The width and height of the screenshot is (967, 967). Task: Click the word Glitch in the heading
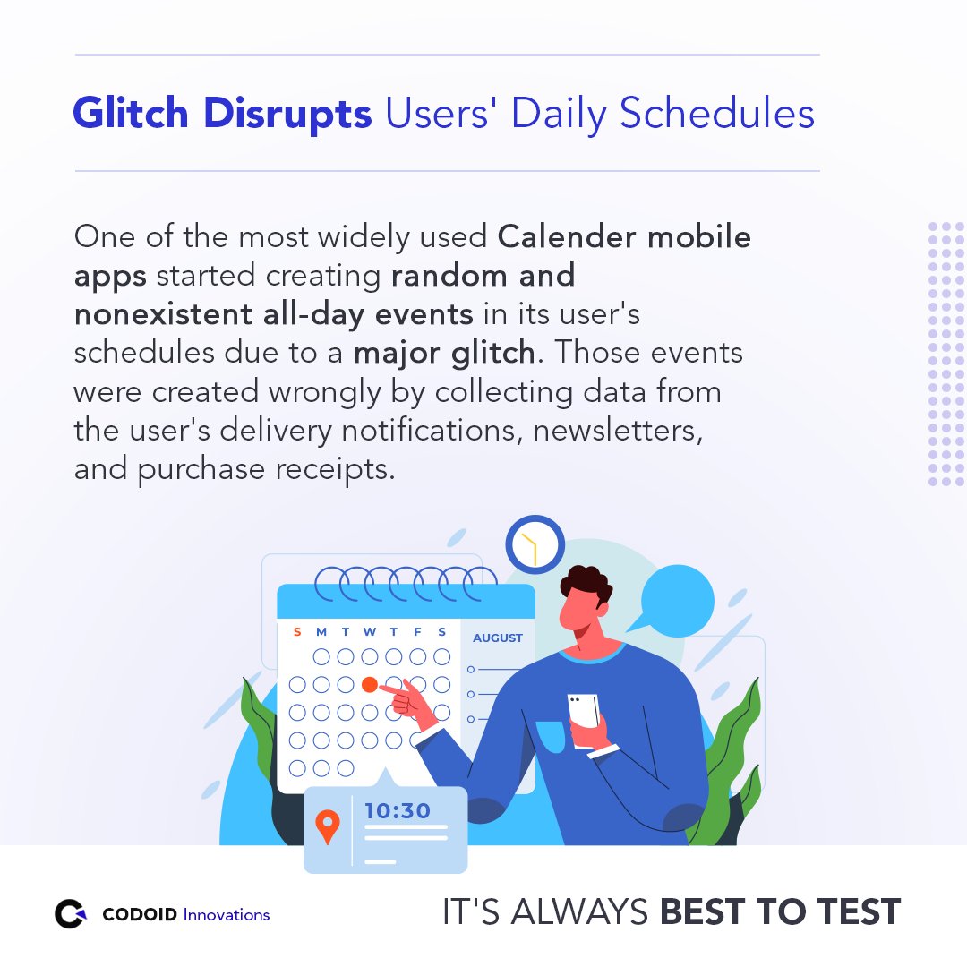(131, 114)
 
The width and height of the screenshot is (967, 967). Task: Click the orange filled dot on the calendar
(369, 685)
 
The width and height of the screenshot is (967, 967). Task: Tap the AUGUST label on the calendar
(498, 638)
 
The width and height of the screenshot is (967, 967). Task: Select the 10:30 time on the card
(398, 811)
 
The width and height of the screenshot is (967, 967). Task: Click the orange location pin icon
(329, 826)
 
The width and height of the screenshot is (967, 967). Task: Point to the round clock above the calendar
(535, 545)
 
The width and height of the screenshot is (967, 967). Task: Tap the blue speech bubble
(676, 598)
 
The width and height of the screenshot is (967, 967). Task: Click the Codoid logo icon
(71, 914)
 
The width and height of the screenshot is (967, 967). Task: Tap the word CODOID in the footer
(141, 915)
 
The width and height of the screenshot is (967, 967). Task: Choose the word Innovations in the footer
(227, 915)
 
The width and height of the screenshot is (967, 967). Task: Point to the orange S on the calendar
(297, 632)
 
